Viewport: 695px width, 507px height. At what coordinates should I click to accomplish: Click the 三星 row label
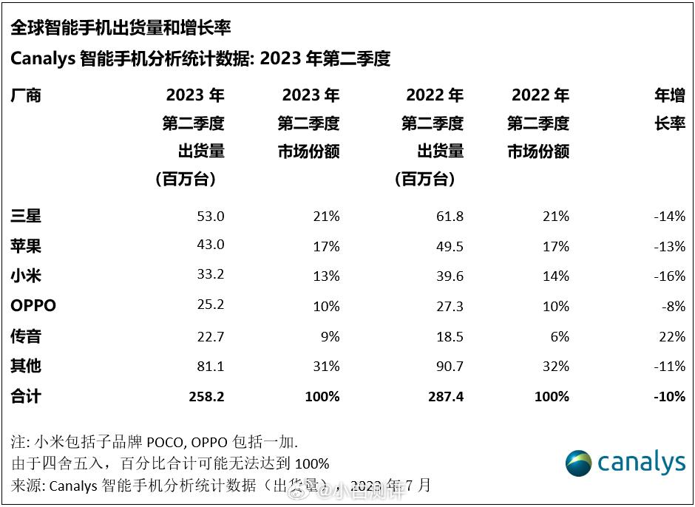pyautogui.click(x=26, y=216)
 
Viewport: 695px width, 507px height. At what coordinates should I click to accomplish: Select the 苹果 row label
pyautogui.click(x=26, y=245)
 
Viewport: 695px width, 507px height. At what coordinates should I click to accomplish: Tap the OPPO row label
pyautogui.click(x=33, y=306)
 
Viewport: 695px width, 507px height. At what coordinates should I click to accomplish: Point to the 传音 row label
pyautogui.click(x=26, y=336)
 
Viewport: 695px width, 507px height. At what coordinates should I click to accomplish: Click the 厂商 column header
pyautogui.click(x=26, y=95)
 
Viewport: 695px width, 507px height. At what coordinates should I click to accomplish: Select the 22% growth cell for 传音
pyautogui.click(x=671, y=336)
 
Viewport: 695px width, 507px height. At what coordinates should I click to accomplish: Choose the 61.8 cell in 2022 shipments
pyautogui.click(x=450, y=216)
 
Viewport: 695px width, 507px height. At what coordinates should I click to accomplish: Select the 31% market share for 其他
pyautogui.click(x=325, y=367)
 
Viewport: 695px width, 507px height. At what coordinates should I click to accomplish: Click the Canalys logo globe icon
pyautogui.click(x=578, y=463)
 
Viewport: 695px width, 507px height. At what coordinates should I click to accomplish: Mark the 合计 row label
pyautogui.click(x=26, y=397)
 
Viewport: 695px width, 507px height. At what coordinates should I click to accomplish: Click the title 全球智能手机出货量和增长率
pyautogui.click(x=121, y=27)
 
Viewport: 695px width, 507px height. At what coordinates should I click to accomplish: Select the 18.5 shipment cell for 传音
pyautogui.click(x=450, y=336)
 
